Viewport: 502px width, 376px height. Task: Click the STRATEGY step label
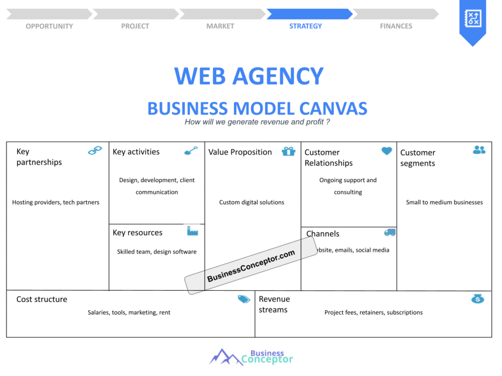pyautogui.click(x=305, y=26)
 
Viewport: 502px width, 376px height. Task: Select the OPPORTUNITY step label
pyautogui.click(x=50, y=26)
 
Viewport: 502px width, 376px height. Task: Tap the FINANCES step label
pyautogui.click(x=396, y=26)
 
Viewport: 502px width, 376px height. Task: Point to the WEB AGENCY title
pyautogui.click(x=249, y=76)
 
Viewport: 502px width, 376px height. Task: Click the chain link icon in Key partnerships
pyautogui.click(x=95, y=150)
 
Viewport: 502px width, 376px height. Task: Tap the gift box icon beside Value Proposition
pyautogui.click(x=288, y=151)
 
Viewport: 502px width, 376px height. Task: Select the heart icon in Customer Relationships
pyautogui.click(x=387, y=151)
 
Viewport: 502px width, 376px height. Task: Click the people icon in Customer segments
pyautogui.click(x=479, y=150)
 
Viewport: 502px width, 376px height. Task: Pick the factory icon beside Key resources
pyautogui.click(x=192, y=231)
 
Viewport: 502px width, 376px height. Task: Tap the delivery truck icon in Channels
pyautogui.click(x=390, y=233)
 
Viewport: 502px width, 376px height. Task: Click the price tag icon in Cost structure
pyautogui.click(x=244, y=299)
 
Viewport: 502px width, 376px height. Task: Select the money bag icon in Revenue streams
pyautogui.click(x=477, y=299)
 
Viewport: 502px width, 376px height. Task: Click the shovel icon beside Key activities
pyautogui.click(x=191, y=151)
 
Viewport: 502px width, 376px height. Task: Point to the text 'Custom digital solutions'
pyautogui.click(x=251, y=202)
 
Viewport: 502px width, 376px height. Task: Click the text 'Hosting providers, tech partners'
pyautogui.click(x=56, y=202)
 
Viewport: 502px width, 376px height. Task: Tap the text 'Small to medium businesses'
pyautogui.click(x=444, y=202)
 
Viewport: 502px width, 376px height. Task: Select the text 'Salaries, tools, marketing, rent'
pyautogui.click(x=129, y=312)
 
